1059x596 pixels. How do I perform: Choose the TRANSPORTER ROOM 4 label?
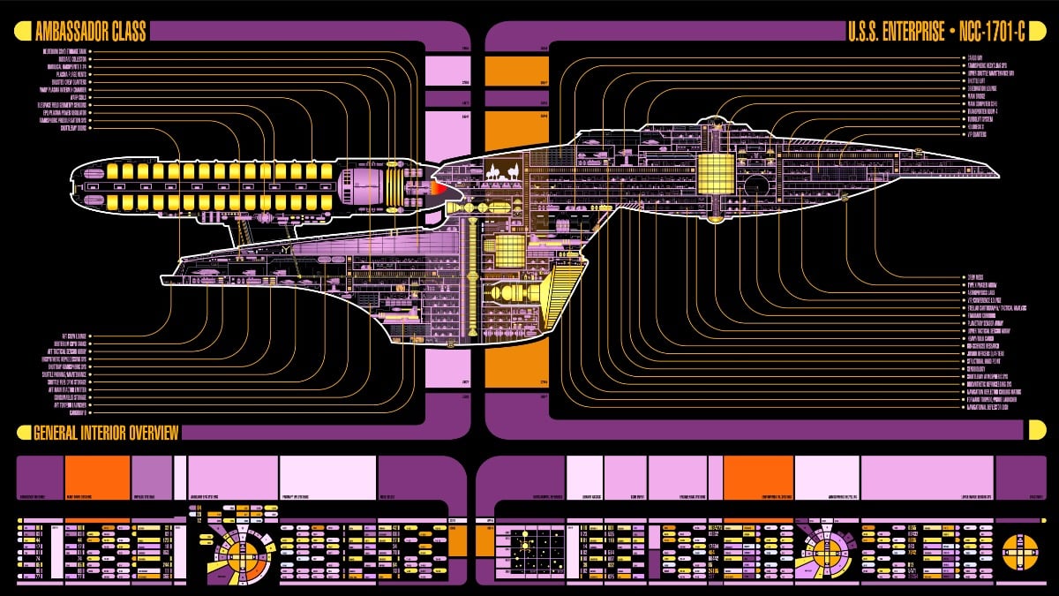pos(985,112)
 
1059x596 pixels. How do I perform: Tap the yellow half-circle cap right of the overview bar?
pos(1037,430)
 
